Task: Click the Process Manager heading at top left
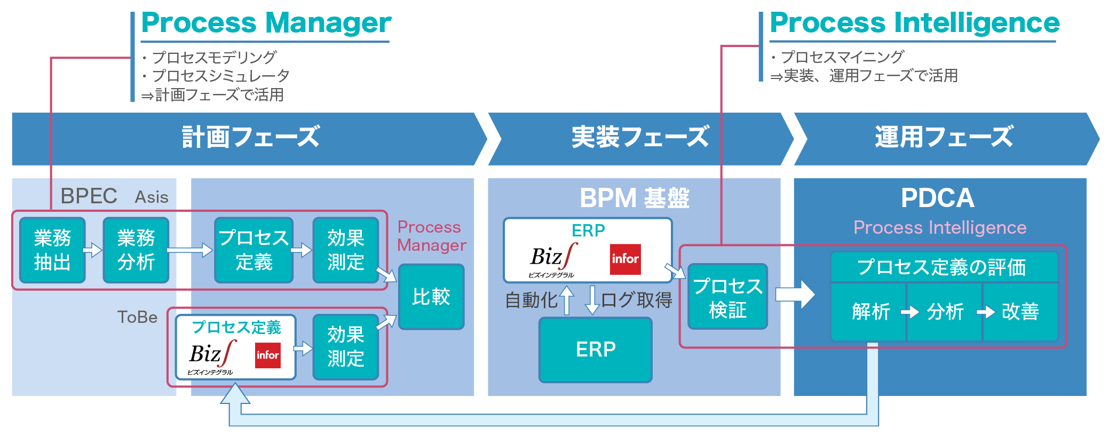pos(266,23)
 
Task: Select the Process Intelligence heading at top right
pos(915,23)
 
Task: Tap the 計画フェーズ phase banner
pos(250,138)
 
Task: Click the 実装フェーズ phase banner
pos(640,138)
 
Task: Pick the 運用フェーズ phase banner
pos(945,138)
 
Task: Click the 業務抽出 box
pos(52,250)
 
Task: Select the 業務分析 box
pos(136,250)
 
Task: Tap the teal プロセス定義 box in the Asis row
pos(254,250)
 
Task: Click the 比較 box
pos(431,297)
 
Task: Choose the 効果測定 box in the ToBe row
pos(346,347)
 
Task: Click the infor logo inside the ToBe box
pos(268,355)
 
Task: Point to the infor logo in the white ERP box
pos(625,259)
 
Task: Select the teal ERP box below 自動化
pos(596,350)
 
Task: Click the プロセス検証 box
pos(728,297)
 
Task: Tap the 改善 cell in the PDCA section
pos(1020,312)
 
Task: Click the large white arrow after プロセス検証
pos(795,294)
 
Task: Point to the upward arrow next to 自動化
pos(567,300)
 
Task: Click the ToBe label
pos(137,317)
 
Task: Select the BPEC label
pos(89,196)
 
